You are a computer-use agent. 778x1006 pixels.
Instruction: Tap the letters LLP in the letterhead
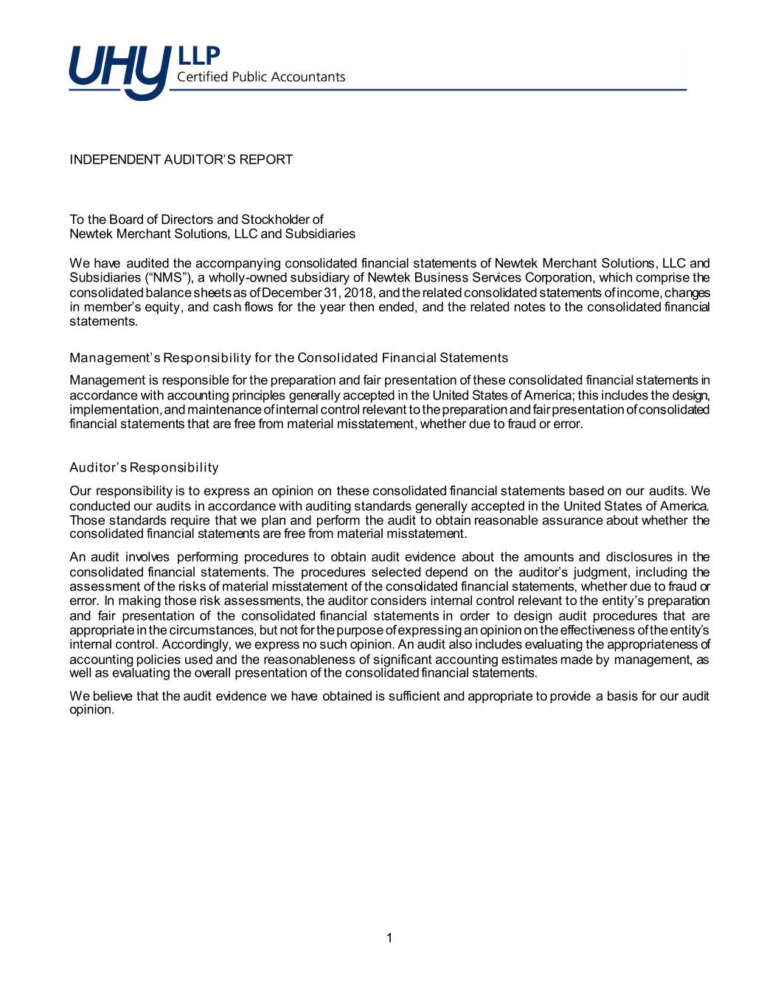pyautogui.click(x=199, y=55)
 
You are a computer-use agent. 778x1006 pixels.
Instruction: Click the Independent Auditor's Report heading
pyautogui.click(x=181, y=160)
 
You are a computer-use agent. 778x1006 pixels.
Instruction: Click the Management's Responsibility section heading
pyautogui.click(x=288, y=358)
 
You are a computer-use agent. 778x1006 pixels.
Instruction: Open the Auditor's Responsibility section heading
pyautogui.click(x=144, y=468)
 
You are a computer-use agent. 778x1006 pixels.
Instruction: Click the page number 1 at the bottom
pyautogui.click(x=389, y=938)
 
